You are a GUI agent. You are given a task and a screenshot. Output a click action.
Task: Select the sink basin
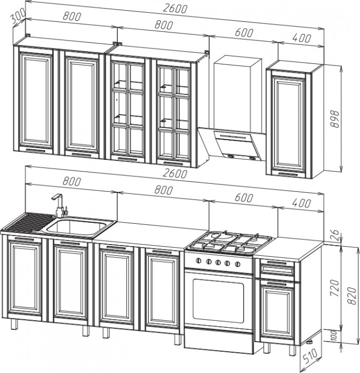(78, 228)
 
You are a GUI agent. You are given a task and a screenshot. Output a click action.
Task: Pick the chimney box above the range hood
(237, 93)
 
